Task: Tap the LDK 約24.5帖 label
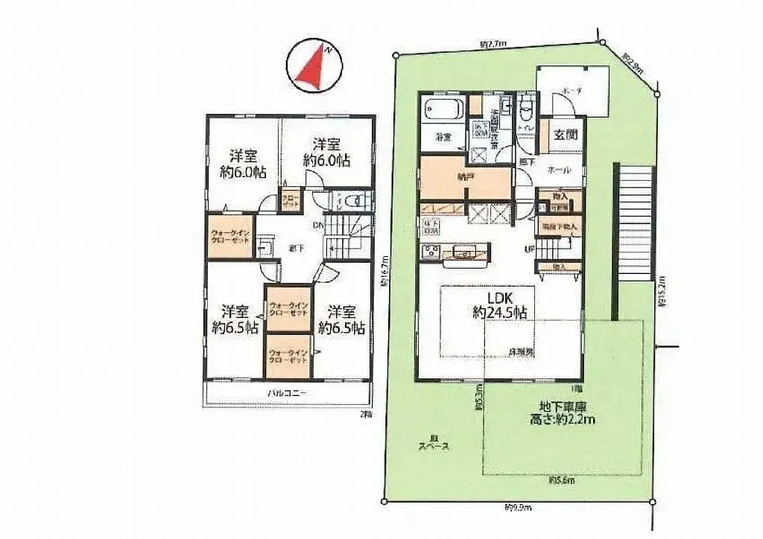click(499, 306)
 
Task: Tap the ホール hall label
click(559, 170)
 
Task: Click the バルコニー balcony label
click(288, 392)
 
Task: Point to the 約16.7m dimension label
click(385, 272)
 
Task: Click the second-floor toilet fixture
click(353, 200)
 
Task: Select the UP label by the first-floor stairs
click(530, 249)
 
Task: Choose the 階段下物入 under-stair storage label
click(558, 224)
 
